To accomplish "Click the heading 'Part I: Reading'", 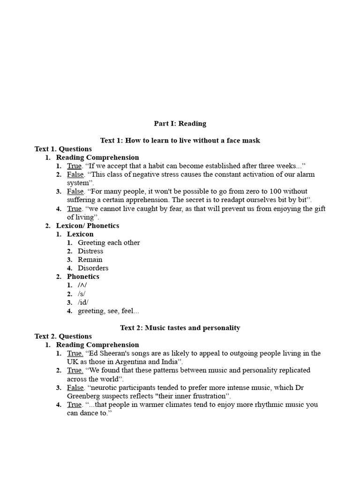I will pos(180,124).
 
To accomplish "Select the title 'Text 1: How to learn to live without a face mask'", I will pos(180,141).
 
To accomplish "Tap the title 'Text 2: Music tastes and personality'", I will pos(180,328).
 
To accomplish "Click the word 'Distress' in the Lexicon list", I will pos(90,251).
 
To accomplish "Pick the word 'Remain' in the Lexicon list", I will pos(90,260).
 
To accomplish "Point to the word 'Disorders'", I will pos(93,268).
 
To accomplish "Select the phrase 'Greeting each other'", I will pos(109,243).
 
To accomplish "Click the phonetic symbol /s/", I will pos(82,294).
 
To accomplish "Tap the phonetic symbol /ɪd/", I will pos(83,302).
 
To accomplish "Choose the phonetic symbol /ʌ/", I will pos(82,285).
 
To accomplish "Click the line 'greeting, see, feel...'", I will pos(108,311).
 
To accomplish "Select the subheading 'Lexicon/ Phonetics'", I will pos(88,225).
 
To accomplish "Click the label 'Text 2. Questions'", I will pos(63,336).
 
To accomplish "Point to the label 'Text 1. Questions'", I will pos(63,149).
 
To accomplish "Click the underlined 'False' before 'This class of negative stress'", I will pos(75,174).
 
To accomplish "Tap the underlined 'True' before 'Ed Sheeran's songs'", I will pos(75,353).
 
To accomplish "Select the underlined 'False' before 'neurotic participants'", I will pos(75,388).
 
